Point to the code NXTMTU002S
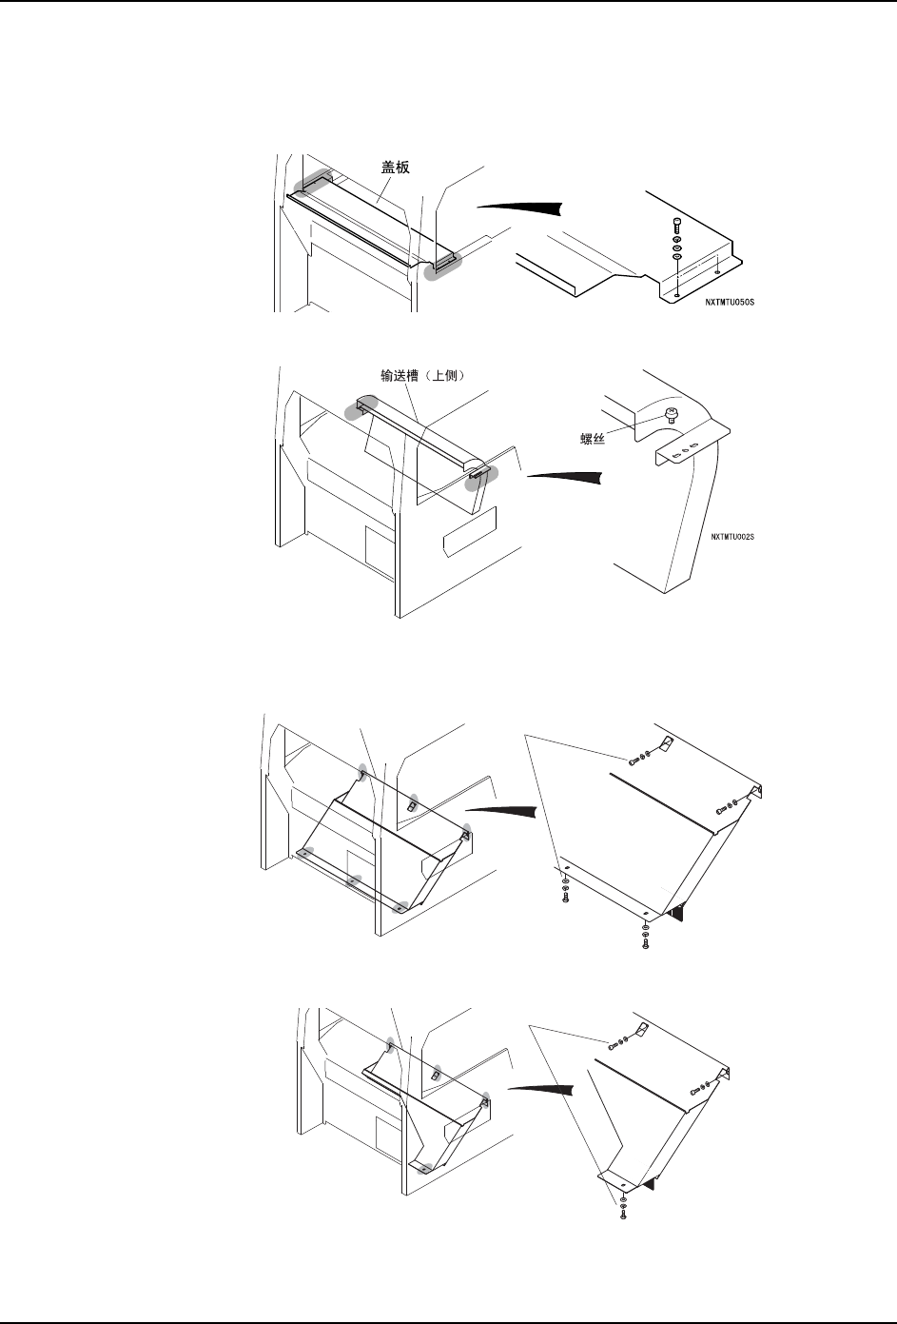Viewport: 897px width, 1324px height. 732,537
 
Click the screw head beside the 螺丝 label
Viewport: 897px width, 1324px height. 672,414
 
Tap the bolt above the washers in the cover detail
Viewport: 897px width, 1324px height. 675,225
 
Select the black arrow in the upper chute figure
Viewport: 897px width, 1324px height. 565,476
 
